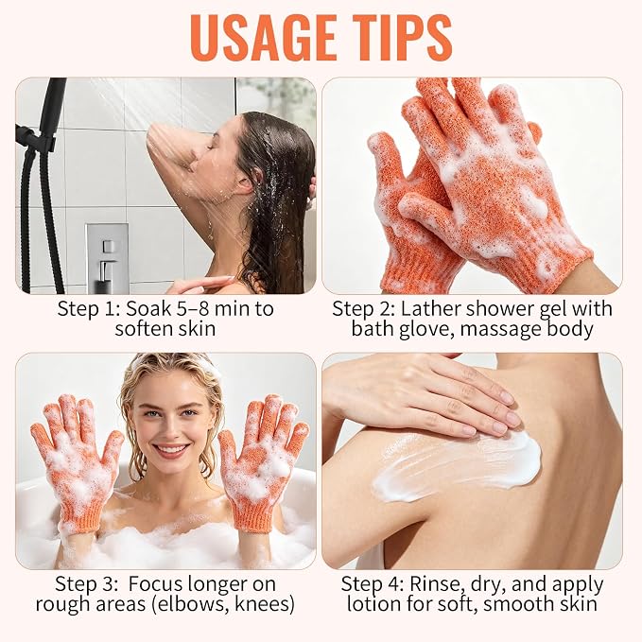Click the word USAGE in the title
263,37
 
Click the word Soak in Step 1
147,308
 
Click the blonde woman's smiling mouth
171,450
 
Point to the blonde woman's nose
169,430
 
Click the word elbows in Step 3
190,604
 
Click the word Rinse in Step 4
437,584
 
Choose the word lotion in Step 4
374,604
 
